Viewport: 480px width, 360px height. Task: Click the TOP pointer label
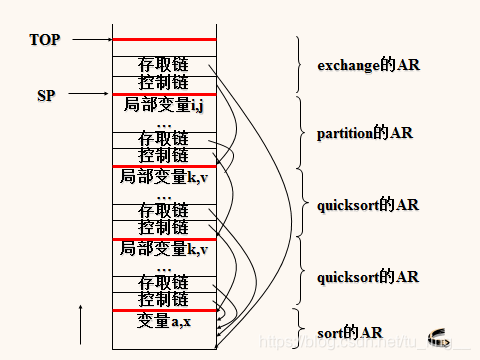click(x=45, y=40)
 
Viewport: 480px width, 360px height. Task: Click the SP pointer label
click(x=46, y=96)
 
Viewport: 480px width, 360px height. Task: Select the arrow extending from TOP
click(x=90, y=40)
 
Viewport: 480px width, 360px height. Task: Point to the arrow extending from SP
click(x=90, y=96)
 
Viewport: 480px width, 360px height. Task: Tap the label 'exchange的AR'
click(x=368, y=66)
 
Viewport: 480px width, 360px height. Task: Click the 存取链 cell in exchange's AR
click(x=163, y=65)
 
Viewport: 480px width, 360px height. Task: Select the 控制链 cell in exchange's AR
click(x=163, y=82)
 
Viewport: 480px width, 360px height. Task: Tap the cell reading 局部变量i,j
click(x=163, y=104)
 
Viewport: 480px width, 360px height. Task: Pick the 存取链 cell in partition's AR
click(x=163, y=138)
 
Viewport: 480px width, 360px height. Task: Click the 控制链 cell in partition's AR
click(x=163, y=155)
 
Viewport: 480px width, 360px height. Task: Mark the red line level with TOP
click(x=163, y=40)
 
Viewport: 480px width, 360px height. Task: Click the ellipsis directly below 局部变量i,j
click(x=163, y=121)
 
